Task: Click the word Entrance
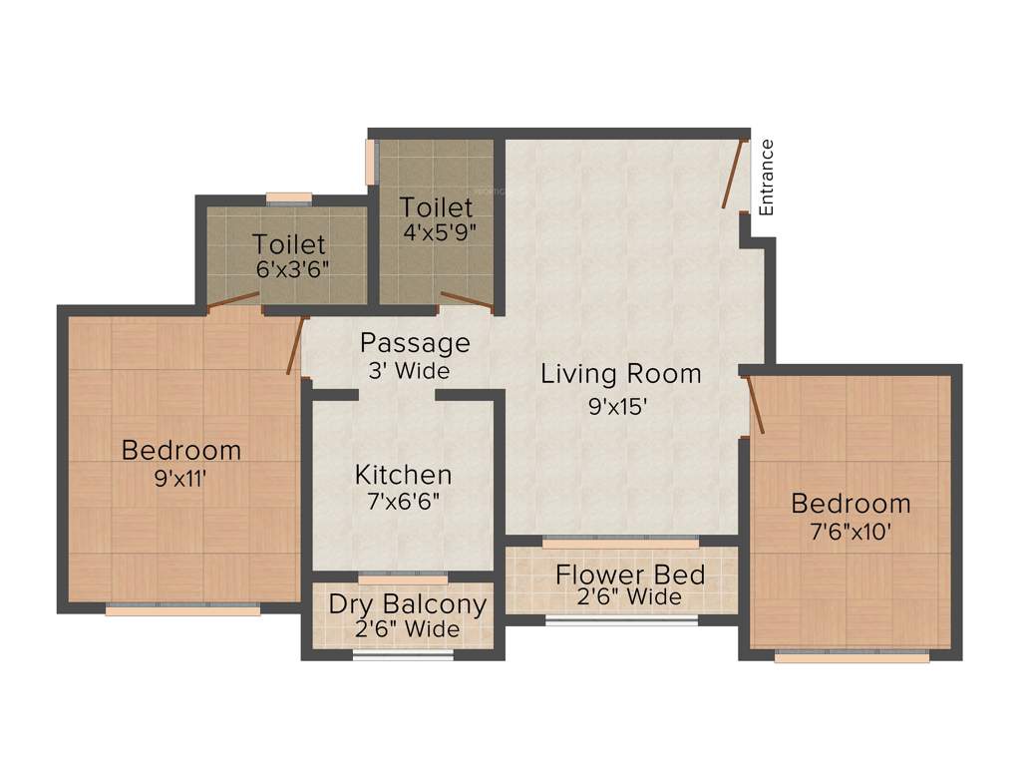click(x=767, y=178)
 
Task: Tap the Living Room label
click(x=620, y=374)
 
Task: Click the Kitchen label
click(x=403, y=475)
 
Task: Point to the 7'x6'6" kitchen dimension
click(x=403, y=501)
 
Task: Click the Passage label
click(x=415, y=343)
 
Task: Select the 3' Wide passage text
click(x=408, y=371)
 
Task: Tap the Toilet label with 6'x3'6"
click(x=288, y=243)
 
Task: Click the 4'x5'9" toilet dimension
click(x=436, y=233)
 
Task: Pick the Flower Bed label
click(x=630, y=574)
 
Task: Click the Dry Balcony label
click(x=408, y=604)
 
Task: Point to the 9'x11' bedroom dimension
click(x=180, y=477)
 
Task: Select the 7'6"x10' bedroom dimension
click(x=850, y=531)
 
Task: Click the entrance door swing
click(x=734, y=174)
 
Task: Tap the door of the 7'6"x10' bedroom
click(x=756, y=405)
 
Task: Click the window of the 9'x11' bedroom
click(x=182, y=609)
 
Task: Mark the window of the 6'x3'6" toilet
click(x=288, y=196)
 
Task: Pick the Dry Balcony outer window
click(x=403, y=655)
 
